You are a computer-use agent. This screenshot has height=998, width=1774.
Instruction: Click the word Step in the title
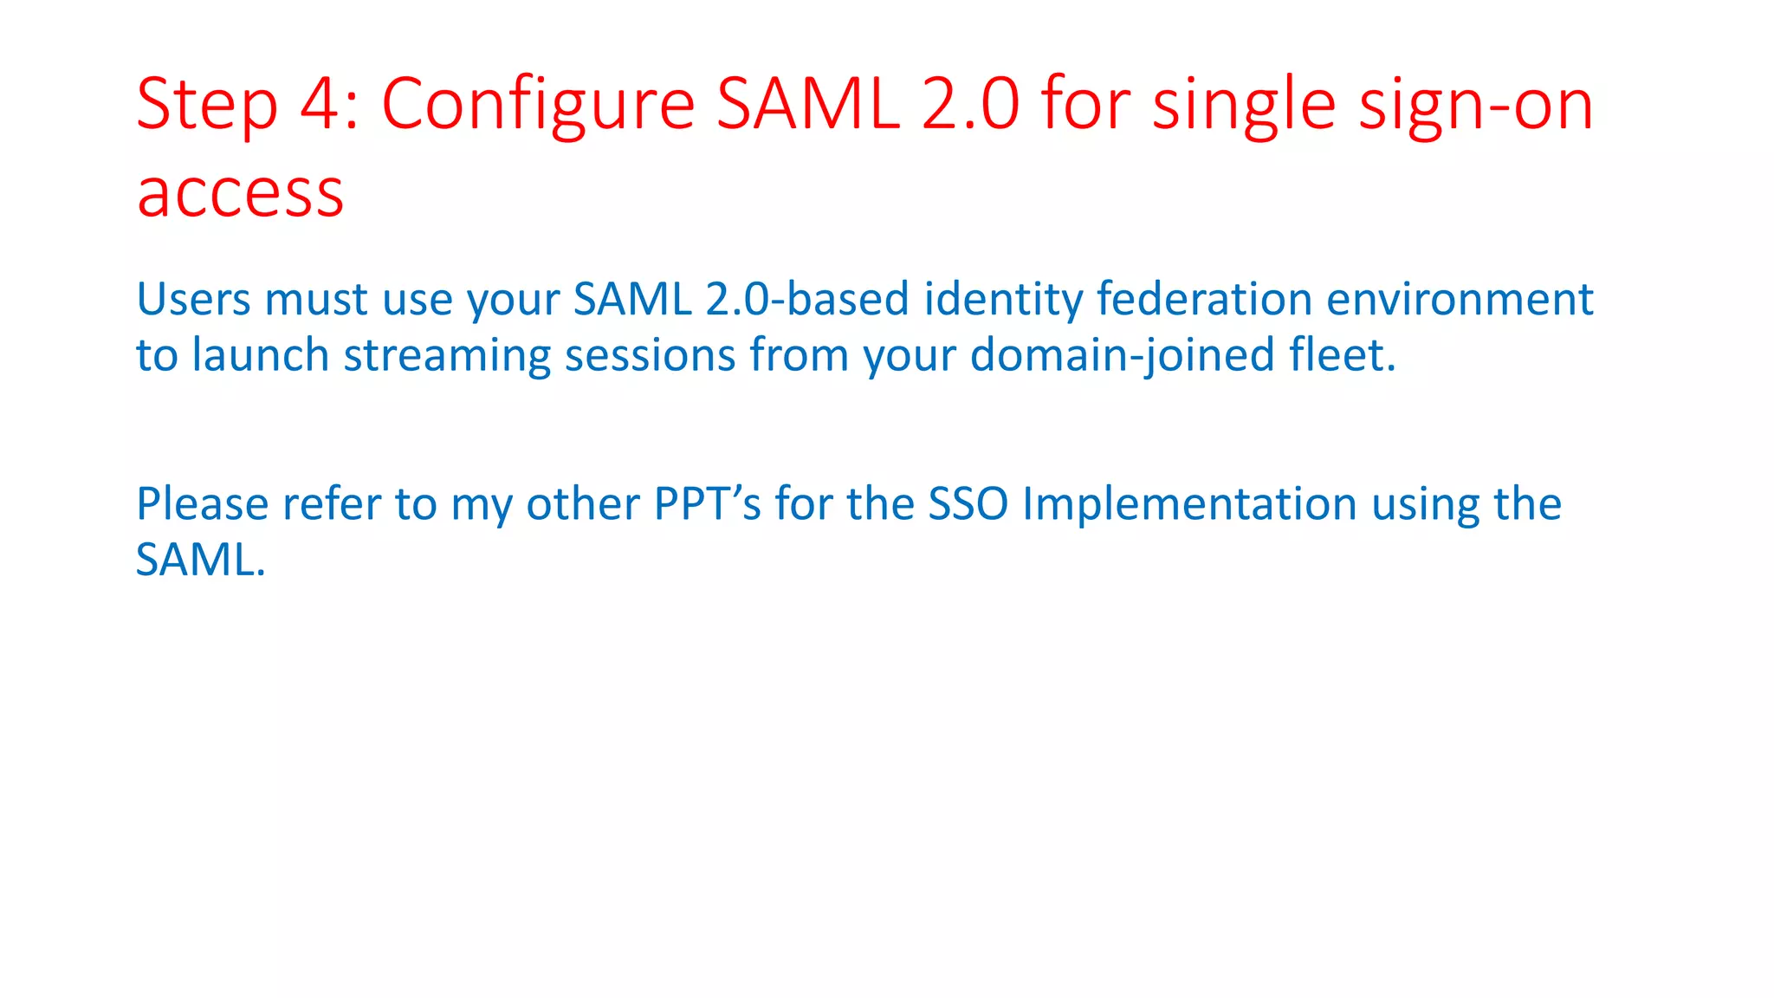[207, 106]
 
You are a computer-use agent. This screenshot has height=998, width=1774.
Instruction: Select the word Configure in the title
[538, 106]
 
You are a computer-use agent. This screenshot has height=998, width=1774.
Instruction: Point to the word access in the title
[241, 192]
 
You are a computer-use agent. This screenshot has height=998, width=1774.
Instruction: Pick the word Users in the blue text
[194, 299]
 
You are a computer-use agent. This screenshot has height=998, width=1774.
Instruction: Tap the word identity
[1003, 301]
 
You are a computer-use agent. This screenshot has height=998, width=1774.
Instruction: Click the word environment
[1460, 299]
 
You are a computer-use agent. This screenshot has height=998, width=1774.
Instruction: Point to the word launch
[260, 355]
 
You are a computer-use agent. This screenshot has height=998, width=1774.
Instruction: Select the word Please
[202, 503]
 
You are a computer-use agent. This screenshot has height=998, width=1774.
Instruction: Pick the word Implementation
[1189, 505]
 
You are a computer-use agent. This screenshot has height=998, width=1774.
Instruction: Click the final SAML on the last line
[199, 560]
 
